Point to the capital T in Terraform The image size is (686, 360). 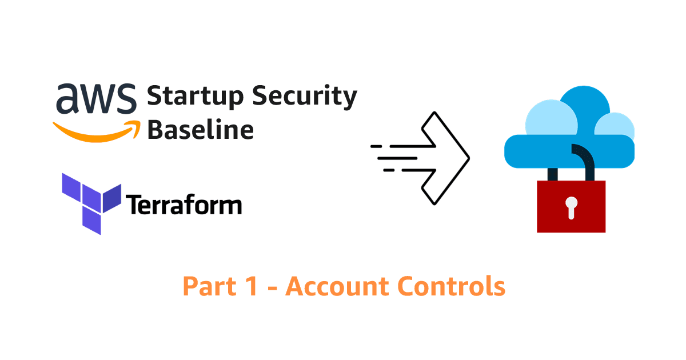(x=133, y=205)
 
